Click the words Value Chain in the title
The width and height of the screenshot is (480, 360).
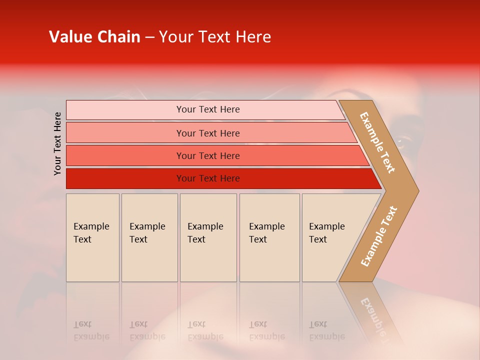(x=94, y=37)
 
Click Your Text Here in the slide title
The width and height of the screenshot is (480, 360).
(x=214, y=37)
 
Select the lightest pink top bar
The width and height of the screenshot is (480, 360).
(x=125, y=109)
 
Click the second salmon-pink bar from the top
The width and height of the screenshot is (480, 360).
(x=125, y=133)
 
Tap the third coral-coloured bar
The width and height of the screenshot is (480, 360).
(x=125, y=155)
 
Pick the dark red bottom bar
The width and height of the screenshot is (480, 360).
(x=125, y=178)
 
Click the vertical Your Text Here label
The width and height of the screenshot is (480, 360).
(x=57, y=143)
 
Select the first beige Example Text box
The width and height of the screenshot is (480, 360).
(x=92, y=237)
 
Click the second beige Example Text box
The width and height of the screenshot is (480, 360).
(x=149, y=237)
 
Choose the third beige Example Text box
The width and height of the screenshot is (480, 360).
(x=208, y=237)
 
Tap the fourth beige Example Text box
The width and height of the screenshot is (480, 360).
(x=269, y=237)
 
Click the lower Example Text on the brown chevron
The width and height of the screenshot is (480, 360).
(x=379, y=236)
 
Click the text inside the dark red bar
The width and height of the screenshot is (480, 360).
(x=208, y=178)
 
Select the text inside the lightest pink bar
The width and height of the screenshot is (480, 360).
(x=208, y=109)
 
